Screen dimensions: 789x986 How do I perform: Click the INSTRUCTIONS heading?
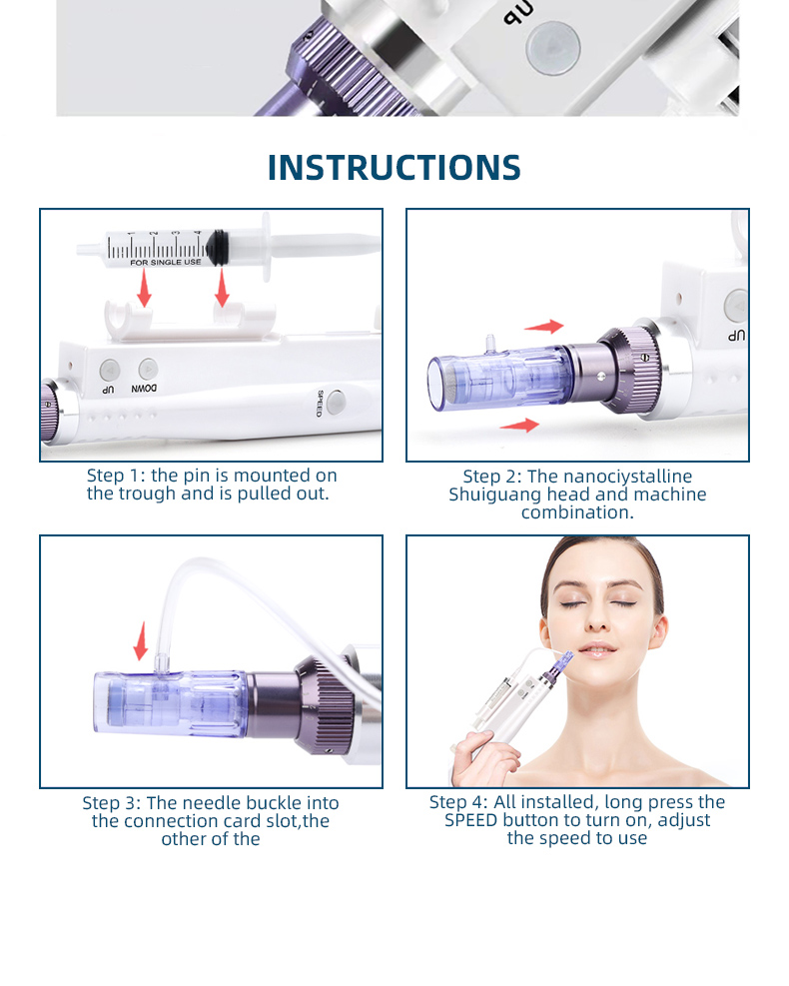394,167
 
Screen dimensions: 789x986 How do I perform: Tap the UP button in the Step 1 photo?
110,369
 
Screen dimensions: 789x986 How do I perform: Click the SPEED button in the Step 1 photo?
337,402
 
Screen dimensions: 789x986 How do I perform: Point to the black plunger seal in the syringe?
218,248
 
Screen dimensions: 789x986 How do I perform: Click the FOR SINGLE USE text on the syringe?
166,262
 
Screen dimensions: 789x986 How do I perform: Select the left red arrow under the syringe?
145,288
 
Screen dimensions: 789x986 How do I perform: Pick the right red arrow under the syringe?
222,288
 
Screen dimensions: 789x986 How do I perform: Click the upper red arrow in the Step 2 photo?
544,327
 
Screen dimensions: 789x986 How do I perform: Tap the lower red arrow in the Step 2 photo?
519,426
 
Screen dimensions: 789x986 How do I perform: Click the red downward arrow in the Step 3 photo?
142,640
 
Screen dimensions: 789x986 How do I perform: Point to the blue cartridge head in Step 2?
500,381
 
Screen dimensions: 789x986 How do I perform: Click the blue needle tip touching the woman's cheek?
565,658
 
